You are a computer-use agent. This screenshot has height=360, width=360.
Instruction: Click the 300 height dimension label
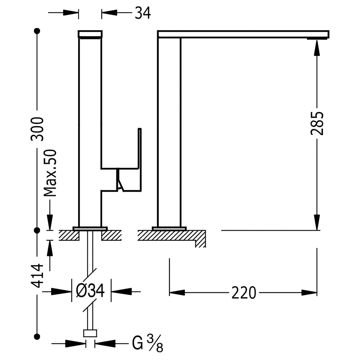[37, 129]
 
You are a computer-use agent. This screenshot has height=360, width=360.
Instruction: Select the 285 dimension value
[317, 123]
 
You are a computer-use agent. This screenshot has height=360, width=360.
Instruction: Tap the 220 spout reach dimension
[244, 293]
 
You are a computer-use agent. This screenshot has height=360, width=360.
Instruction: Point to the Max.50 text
[50, 173]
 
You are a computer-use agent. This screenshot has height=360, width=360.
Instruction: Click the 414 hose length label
[37, 276]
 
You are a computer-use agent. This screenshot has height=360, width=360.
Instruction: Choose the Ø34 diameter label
[90, 291]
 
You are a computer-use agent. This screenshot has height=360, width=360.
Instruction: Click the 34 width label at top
[143, 13]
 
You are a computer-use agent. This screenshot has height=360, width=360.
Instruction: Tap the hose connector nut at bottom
[90, 334]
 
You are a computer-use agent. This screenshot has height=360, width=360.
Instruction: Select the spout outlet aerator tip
[317, 39]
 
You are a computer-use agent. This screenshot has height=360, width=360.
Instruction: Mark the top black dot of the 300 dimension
[37, 31]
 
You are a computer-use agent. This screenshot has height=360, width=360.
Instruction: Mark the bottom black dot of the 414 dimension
[37, 337]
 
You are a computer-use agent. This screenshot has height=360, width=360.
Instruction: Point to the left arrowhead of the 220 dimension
[177, 293]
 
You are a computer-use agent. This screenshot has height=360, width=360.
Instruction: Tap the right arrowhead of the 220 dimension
[309, 293]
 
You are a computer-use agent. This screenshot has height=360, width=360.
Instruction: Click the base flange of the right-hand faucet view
[169, 228]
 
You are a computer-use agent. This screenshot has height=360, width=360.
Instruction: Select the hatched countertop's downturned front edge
[200, 239]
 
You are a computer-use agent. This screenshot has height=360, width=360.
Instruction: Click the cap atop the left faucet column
[90, 34]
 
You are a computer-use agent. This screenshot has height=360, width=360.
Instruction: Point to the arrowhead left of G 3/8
[76, 344]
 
